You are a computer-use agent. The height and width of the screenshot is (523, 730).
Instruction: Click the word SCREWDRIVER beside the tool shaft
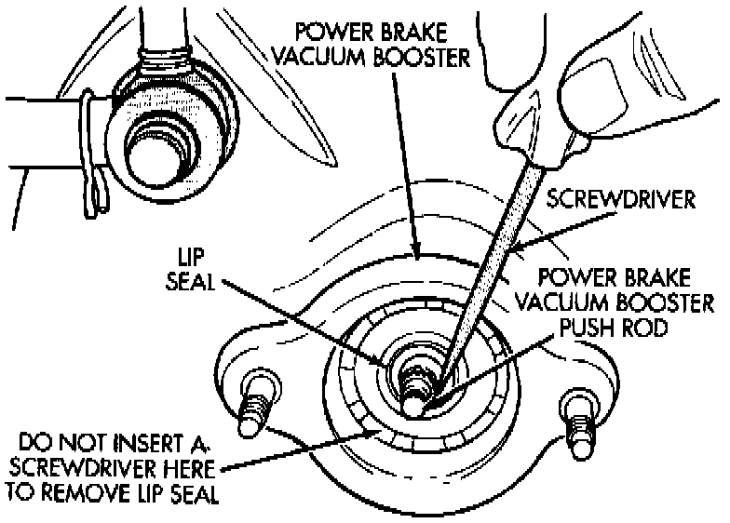pos(620,199)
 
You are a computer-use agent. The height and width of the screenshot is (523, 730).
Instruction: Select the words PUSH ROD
pos(613,328)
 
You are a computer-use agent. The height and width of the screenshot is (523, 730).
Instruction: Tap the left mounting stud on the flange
pos(255,402)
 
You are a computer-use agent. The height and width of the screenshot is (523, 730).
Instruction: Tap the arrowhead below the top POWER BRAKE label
pos(417,251)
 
